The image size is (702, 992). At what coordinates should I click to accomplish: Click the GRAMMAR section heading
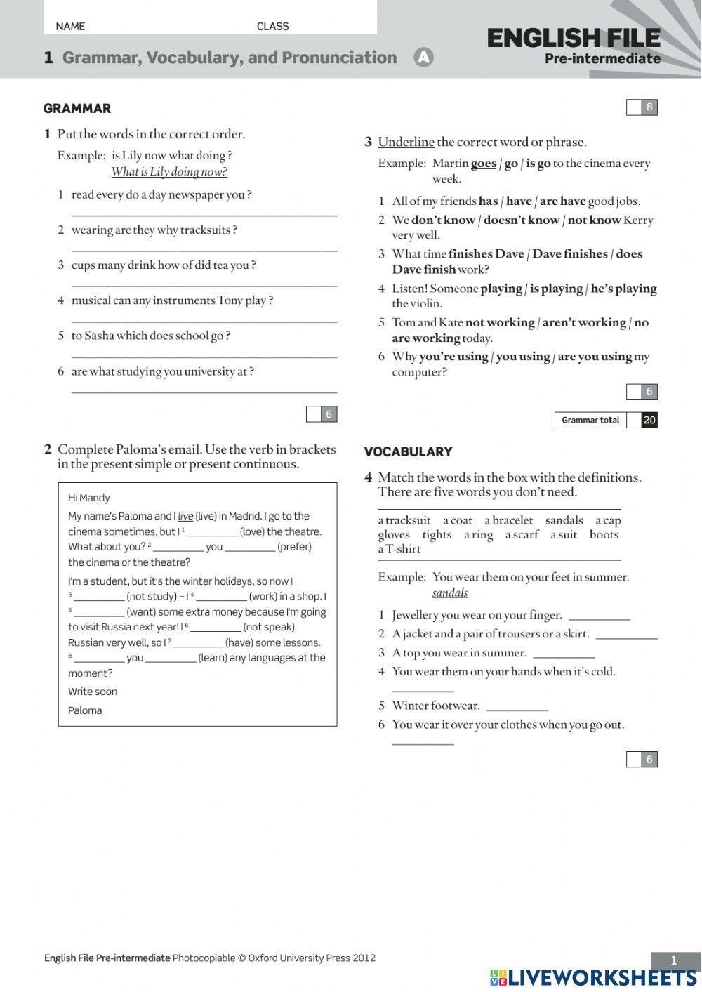tap(77, 108)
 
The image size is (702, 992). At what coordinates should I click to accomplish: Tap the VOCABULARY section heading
tap(408, 451)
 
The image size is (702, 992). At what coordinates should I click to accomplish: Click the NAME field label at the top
tap(70, 27)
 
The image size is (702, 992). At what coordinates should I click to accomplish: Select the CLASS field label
tap(272, 27)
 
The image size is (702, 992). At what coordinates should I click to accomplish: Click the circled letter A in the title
tap(423, 58)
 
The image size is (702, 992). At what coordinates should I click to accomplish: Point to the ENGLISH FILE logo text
tap(574, 39)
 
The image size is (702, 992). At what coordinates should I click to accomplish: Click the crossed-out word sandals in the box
tap(564, 520)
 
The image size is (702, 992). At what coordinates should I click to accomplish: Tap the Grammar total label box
tap(590, 420)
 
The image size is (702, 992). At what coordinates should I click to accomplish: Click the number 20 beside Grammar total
tap(649, 420)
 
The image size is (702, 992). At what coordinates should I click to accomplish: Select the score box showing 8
tap(649, 107)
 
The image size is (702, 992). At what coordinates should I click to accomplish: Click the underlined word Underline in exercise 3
tap(406, 142)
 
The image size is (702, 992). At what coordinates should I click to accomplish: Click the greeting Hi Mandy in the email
tap(89, 498)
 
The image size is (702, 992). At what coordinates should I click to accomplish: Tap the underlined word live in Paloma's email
tap(185, 516)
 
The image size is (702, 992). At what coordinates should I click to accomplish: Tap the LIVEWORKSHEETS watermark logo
tap(593, 977)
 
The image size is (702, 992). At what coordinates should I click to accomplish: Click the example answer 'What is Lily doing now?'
tap(169, 172)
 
